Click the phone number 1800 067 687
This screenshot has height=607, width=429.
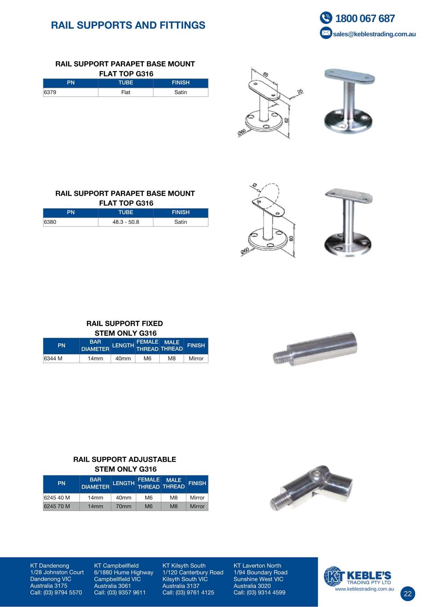point(365,18)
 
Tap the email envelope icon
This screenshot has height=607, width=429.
point(326,33)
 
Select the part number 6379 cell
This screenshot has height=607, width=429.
point(71,92)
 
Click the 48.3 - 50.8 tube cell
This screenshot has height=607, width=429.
point(125,222)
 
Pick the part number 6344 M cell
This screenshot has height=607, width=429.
point(62,359)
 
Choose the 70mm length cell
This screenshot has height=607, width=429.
point(123,506)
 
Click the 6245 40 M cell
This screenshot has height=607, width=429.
point(62,498)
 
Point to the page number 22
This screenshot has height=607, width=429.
point(408,594)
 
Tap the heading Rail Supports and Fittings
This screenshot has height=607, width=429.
point(128,25)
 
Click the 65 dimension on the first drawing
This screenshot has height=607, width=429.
point(265,74)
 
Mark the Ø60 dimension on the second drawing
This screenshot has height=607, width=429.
point(245,251)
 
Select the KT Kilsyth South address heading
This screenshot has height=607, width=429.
point(184,566)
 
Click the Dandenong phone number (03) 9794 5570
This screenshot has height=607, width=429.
point(63,592)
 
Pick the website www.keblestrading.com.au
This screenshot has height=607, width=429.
point(364,589)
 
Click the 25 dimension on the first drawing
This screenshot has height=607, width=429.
point(300,91)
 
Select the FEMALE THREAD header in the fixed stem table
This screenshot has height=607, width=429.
point(147,345)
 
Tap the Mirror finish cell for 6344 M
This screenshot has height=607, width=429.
point(196,359)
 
